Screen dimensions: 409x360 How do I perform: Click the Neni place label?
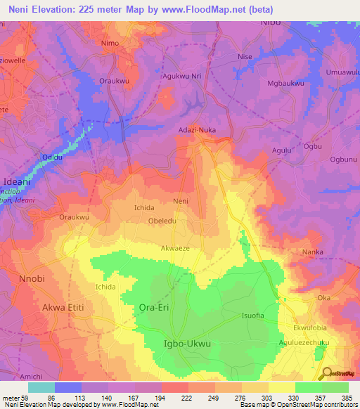[181, 201]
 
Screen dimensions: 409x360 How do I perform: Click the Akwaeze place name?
[176, 248]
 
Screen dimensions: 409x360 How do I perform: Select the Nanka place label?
[311, 251]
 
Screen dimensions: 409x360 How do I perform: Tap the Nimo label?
[110, 43]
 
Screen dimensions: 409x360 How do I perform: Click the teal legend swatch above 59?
[41, 387]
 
